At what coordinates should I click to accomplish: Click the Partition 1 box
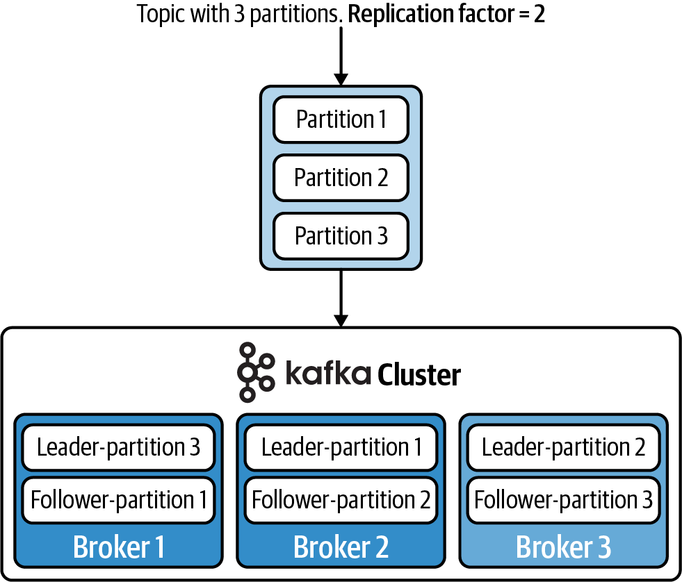pos(341,119)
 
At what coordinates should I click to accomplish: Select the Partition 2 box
pos(341,178)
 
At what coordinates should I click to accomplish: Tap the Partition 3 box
pos(341,236)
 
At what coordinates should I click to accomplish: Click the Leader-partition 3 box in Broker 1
pos(118,447)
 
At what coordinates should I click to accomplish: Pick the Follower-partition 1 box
pos(118,499)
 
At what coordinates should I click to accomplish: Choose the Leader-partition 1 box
pos(341,447)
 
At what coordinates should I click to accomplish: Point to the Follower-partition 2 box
pos(341,499)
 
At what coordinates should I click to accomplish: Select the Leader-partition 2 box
pos(563,447)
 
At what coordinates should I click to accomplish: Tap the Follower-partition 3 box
pos(563,499)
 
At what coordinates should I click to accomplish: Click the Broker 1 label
pos(118,547)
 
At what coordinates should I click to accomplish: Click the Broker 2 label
pos(341,547)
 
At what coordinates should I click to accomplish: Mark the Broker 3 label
pos(563,547)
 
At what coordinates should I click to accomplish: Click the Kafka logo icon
pos(254,372)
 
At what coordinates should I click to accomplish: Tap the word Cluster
pos(419,376)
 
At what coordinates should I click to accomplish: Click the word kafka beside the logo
pos(328,373)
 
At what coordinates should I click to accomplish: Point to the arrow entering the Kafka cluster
pos(341,299)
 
